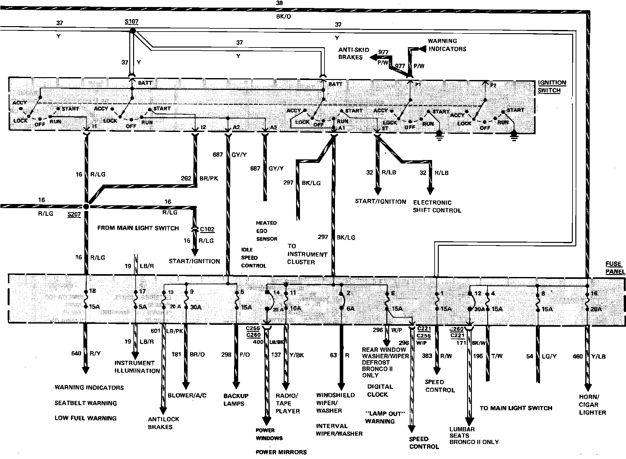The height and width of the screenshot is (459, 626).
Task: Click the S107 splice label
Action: point(132,22)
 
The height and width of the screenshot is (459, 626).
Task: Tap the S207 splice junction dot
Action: point(86,206)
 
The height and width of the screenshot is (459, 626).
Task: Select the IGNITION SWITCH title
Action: point(552,86)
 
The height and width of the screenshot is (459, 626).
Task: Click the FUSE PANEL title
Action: point(615,268)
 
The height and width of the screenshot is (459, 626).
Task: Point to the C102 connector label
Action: point(207,229)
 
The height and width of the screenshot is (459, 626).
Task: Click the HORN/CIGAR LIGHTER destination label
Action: point(592,404)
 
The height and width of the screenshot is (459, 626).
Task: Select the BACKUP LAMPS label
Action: point(236,400)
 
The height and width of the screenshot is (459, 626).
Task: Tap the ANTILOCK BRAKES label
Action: point(163,423)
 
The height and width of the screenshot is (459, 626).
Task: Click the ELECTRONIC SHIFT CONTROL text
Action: point(437,206)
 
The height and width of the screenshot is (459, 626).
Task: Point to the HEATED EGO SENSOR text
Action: point(267,231)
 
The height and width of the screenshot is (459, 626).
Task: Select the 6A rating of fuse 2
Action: point(350,309)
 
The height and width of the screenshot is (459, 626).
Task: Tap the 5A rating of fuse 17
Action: point(142,307)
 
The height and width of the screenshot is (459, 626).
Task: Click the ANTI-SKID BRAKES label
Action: point(353,54)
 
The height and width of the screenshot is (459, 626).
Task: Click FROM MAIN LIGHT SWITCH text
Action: point(138,228)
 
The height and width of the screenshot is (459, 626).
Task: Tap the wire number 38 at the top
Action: point(279,3)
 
